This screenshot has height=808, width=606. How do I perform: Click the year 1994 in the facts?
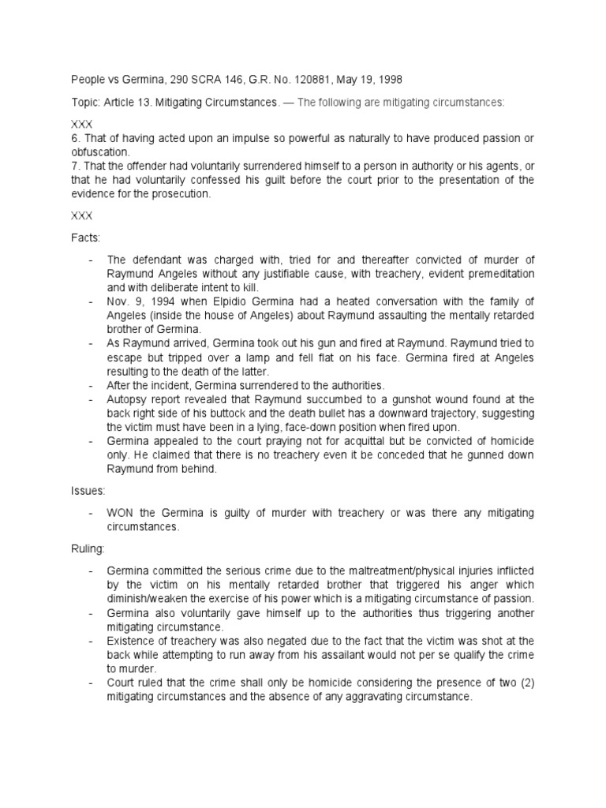[x=156, y=301]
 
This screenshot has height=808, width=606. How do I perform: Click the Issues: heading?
[x=88, y=491]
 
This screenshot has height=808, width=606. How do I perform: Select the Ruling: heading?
[x=88, y=548]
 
